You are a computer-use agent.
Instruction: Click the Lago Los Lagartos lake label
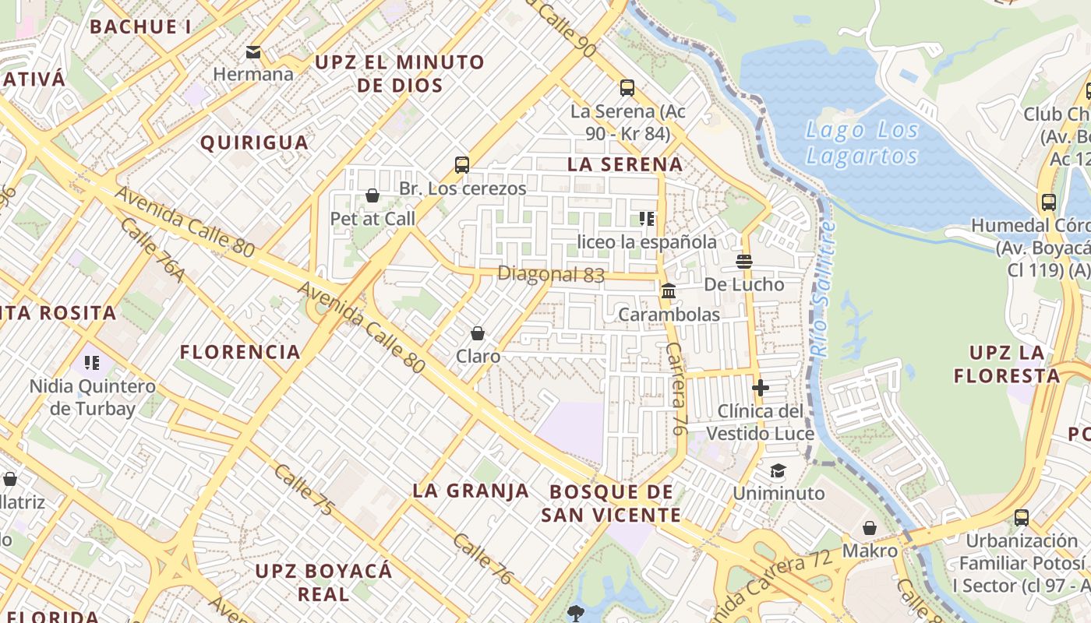click(x=862, y=143)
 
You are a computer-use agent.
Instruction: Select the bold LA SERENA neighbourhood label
click(x=625, y=164)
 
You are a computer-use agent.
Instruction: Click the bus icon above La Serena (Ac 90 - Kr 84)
click(x=627, y=87)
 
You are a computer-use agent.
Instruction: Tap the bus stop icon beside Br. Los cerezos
click(x=462, y=165)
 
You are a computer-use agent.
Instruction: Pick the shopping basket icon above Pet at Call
click(x=372, y=195)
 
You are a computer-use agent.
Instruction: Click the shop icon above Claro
click(x=478, y=333)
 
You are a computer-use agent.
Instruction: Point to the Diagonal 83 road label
click(x=551, y=274)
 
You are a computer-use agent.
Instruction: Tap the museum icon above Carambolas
click(x=669, y=291)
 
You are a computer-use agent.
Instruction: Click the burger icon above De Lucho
click(x=744, y=262)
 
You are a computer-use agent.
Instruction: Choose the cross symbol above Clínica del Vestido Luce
click(x=761, y=387)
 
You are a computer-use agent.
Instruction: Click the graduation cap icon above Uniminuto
click(x=778, y=470)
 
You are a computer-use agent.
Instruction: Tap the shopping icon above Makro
click(x=870, y=528)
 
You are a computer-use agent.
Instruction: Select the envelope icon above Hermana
click(x=253, y=52)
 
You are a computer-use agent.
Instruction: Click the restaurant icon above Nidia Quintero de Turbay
click(x=92, y=363)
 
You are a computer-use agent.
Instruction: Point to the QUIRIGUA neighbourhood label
click(x=254, y=143)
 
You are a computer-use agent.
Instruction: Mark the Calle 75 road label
click(x=304, y=491)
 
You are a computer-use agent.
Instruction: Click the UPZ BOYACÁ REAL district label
click(x=324, y=582)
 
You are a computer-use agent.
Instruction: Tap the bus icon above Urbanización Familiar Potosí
click(x=1022, y=517)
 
